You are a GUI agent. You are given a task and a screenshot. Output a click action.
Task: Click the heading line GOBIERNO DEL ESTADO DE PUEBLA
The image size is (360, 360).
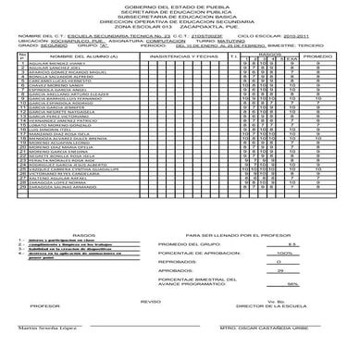click(x=180, y=7)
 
